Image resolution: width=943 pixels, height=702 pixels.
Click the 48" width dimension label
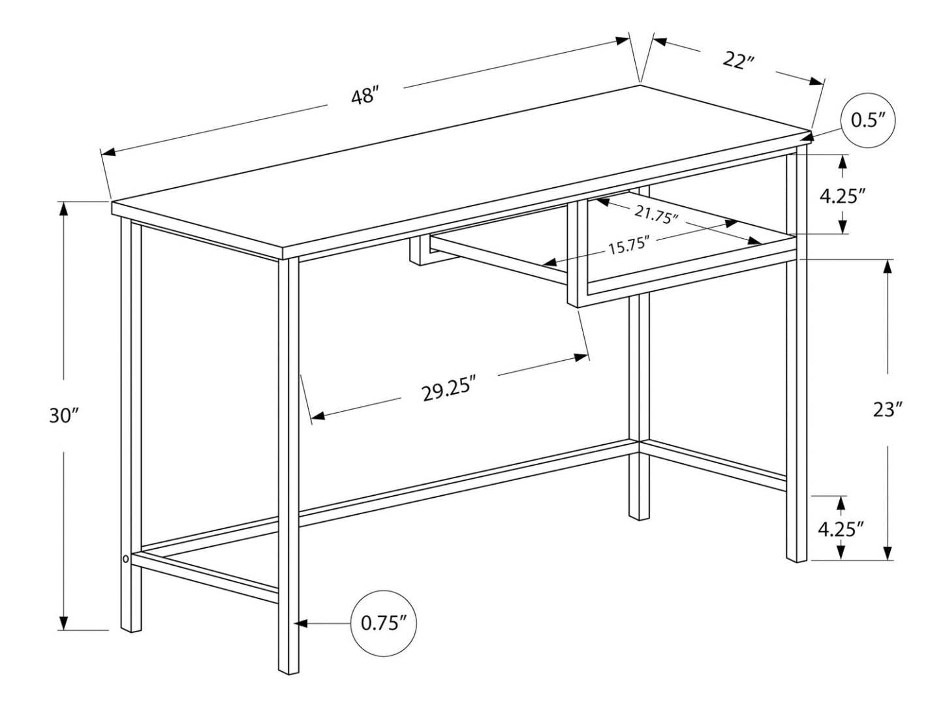point(365,97)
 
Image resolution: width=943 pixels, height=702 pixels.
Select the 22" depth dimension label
point(738,61)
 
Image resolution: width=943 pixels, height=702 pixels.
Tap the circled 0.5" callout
point(867,121)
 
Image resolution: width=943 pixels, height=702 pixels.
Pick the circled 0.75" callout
point(384,623)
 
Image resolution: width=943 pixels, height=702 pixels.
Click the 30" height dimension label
point(63,416)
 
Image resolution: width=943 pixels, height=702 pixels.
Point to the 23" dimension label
point(888,410)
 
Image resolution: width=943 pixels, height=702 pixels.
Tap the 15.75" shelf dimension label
point(627,247)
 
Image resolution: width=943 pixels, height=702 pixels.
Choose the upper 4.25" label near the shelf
point(843,196)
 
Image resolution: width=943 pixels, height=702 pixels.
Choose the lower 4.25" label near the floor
point(841,528)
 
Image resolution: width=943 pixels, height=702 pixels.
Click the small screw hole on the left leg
point(125,558)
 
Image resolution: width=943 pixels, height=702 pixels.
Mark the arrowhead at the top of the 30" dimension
point(63,207)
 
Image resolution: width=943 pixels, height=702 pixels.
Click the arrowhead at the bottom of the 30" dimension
point(63,624)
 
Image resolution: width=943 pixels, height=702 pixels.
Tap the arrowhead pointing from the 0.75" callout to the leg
point(301,624)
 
